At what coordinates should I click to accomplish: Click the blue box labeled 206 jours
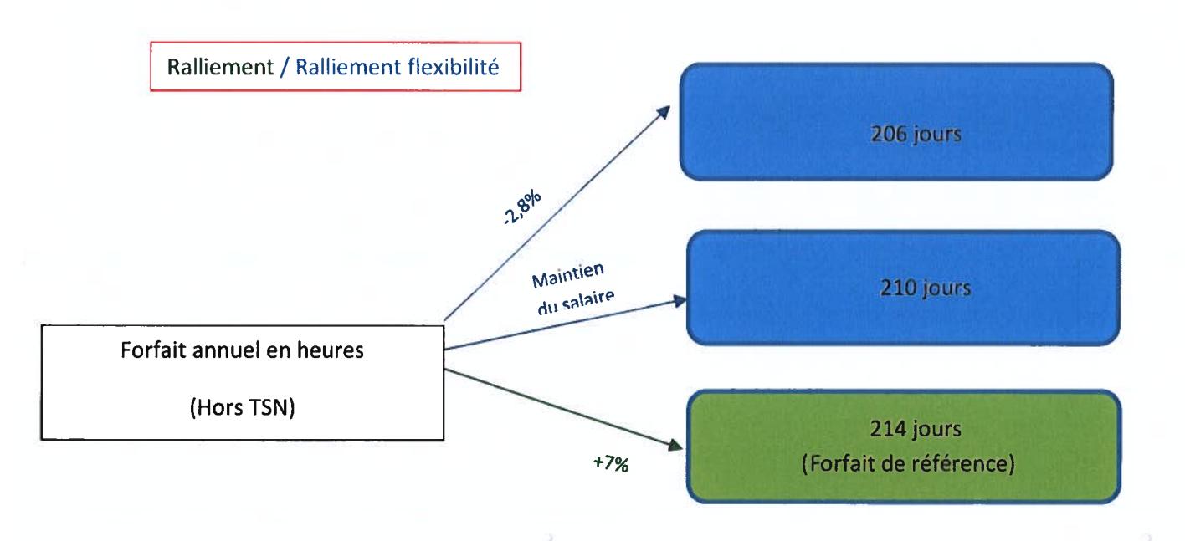coord(895,120)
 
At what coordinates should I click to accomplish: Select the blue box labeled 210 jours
coord(900,287)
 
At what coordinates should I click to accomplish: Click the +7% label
coord(613,463)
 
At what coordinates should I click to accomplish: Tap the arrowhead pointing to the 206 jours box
coord(664,110)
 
